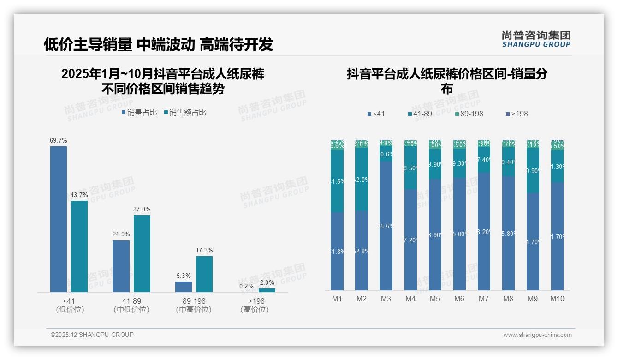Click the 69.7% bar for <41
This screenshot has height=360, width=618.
pos(59,219)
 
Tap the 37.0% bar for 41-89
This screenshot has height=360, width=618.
pos(142,253)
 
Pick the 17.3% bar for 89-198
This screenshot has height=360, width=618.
pos(204,274)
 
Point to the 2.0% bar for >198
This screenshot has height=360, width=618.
pos(267,290)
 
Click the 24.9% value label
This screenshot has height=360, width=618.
pos(121,234)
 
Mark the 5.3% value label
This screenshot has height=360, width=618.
pos(184,276)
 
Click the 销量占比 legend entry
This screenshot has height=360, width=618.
pos(139,113)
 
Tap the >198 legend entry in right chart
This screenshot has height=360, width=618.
pos(517,114)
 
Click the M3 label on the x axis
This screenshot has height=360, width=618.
pos(386,299)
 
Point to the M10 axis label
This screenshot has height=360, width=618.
pos(557,299)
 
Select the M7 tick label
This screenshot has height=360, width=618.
pos(483,299)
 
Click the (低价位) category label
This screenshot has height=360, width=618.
pos(70,310)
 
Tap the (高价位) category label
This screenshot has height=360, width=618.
pos(254,310)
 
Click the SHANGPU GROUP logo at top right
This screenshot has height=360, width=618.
pos(536,39)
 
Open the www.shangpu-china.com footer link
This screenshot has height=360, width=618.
pos(537,335)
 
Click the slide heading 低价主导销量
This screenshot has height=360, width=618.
pos(88,44)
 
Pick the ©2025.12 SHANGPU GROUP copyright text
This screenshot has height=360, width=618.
pos(92,335)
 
